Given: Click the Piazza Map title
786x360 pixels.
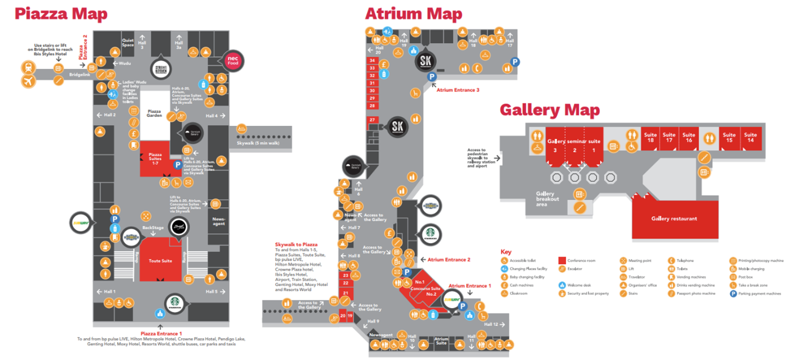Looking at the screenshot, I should click(61, 14).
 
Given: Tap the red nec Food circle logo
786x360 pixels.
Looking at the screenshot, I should click(233, 60).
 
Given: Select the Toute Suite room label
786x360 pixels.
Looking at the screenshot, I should click(160, 261).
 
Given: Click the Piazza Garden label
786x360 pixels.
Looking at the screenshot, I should click(154, 114).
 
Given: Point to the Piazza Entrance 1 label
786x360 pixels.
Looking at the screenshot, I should click(161, 334).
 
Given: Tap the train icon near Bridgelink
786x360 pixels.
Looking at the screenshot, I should click(29, 67).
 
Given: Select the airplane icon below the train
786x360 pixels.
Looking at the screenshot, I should click(29, 81).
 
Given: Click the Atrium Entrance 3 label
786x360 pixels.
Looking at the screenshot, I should click(458, 90).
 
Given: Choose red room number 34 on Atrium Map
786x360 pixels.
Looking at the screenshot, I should click(372, 60).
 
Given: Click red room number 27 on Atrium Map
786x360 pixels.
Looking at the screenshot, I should click(372, 120).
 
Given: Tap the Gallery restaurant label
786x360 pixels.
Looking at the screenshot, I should click(674, 218).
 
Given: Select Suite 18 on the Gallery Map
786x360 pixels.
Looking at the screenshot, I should click(650, 138).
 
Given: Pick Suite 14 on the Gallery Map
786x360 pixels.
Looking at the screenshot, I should click(751, 138).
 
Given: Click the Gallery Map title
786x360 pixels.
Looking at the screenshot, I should click(550, 110).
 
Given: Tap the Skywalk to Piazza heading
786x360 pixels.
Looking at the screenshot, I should click(296, 245).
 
